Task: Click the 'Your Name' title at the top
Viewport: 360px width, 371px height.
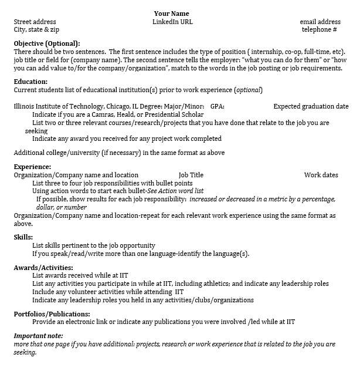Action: tap(172, 14)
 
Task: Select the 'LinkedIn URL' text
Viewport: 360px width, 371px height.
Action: tap(172, 22)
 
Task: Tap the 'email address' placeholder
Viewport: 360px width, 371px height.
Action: tap(320, 22)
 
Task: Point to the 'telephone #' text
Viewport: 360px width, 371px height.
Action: tap(320, 29)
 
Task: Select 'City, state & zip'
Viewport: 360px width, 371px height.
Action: tap(36, 29)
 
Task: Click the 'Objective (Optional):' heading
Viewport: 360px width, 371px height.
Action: tap(47, 43)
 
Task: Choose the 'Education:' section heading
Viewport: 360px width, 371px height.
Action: tap(30, 82)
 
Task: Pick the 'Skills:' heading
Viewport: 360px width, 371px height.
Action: tap(23, 237)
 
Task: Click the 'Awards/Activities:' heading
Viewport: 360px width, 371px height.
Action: tap(43, 268)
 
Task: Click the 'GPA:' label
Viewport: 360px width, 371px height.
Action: tap(217, 106)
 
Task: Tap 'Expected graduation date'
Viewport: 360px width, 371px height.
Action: tap(311, 106)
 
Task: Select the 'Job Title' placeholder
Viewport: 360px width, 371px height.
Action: tap(191, 175)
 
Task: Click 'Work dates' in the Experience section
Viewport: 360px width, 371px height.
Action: tap(321, 175)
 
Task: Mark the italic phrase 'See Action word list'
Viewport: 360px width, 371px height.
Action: tap(175, 191)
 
